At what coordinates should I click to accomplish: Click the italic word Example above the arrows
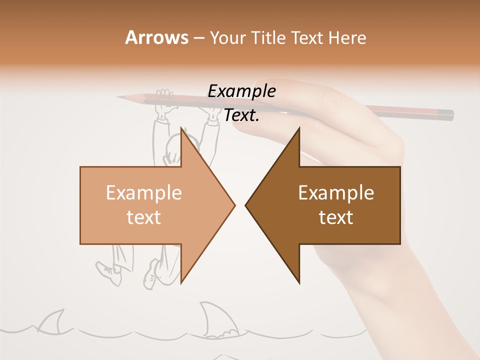[241, 91]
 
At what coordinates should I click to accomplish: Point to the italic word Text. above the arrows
[241, 115]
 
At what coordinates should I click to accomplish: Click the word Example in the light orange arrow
[144, 192]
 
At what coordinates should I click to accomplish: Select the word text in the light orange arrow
[144, 217]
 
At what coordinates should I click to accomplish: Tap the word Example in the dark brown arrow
[336, 192]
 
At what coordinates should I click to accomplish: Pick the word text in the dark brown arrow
[336, 217]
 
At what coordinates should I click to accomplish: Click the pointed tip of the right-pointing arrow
[234, 205]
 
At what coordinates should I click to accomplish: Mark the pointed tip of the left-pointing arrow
[246, 205]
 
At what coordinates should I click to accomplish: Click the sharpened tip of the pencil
[120, 96]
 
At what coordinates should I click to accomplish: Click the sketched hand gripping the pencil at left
[164, 96]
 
